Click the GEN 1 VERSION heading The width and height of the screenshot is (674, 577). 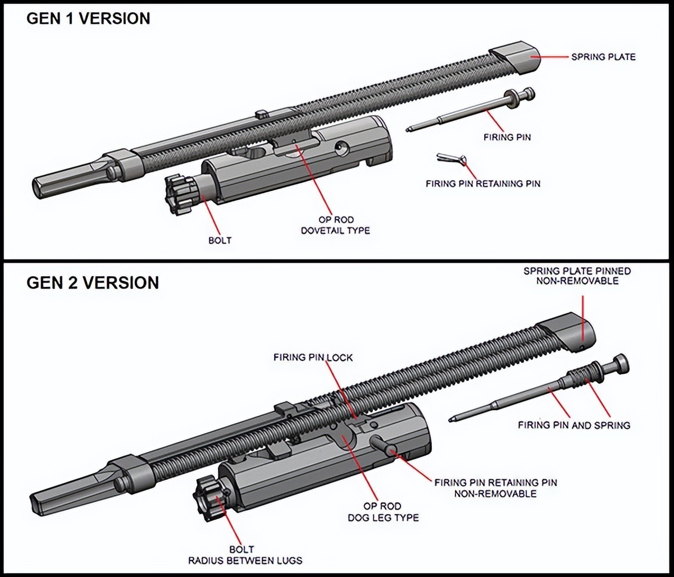click(88, 18)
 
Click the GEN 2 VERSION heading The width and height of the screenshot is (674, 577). click(93, 282)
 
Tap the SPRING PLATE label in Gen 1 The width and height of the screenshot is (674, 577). click(603, 57)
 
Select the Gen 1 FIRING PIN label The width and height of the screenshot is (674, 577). click(507, 137)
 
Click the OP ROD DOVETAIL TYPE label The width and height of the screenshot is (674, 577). click(336, 225)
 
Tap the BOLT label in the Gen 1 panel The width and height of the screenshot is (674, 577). click(220, 240)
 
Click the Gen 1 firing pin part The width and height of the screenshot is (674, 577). click(472, 111)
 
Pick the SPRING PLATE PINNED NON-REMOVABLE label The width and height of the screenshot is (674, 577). click(577, 276)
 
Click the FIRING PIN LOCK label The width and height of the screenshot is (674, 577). click(313, 357)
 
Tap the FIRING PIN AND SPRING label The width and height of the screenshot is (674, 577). click(573, 425)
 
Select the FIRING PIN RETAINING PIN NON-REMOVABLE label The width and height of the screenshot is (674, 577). click(495, 488)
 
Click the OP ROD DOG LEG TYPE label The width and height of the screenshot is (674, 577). click(384, 511)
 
